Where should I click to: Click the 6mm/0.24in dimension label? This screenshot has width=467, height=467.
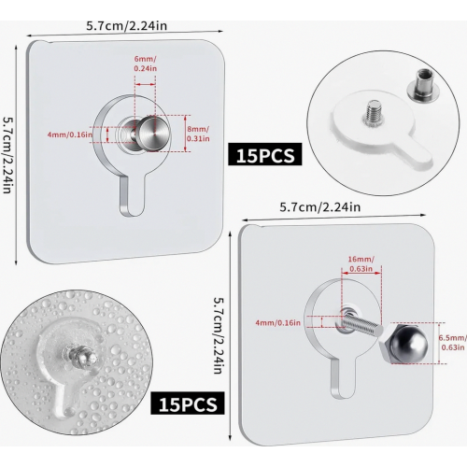pos(146,64)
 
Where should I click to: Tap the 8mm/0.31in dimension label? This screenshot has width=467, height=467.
pos(198,134)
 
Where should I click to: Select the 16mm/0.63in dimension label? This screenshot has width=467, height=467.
pos(361,263)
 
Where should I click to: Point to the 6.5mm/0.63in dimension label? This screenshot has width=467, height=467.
pos(453,343)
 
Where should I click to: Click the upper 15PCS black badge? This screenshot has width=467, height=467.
pos(265,154)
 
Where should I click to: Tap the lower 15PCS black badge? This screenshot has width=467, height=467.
pos(188,403)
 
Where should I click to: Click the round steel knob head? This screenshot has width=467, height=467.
pos(154,133)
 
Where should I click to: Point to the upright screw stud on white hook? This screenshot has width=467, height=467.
pos(374,113)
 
